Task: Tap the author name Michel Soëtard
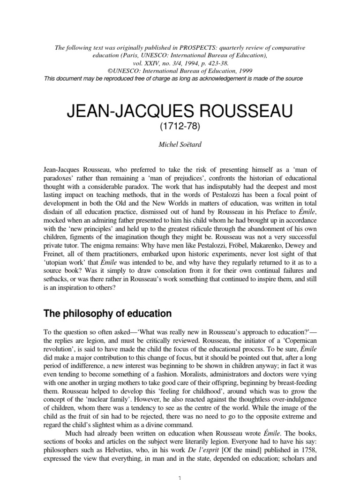180,146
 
